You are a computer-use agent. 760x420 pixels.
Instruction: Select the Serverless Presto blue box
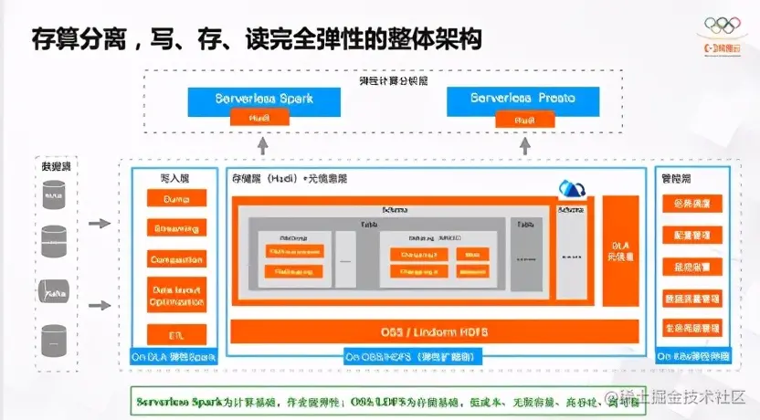tap(522, 98)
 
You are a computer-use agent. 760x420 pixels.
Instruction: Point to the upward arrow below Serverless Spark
tap(262, 144)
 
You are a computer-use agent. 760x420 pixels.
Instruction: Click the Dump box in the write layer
tap(176, 198)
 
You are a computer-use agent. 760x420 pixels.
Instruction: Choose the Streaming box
tap(176, 228)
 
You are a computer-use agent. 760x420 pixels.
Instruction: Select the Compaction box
tap(176, 259)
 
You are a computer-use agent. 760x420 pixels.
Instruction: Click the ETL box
tap(176, 333)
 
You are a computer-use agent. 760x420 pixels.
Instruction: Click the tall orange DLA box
tap(621, 253)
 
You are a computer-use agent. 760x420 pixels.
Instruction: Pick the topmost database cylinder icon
tap(54, 193)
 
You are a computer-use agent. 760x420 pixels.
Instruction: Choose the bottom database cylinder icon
tap(54, 340)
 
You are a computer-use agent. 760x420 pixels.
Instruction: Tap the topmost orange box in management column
tap(692, 204)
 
